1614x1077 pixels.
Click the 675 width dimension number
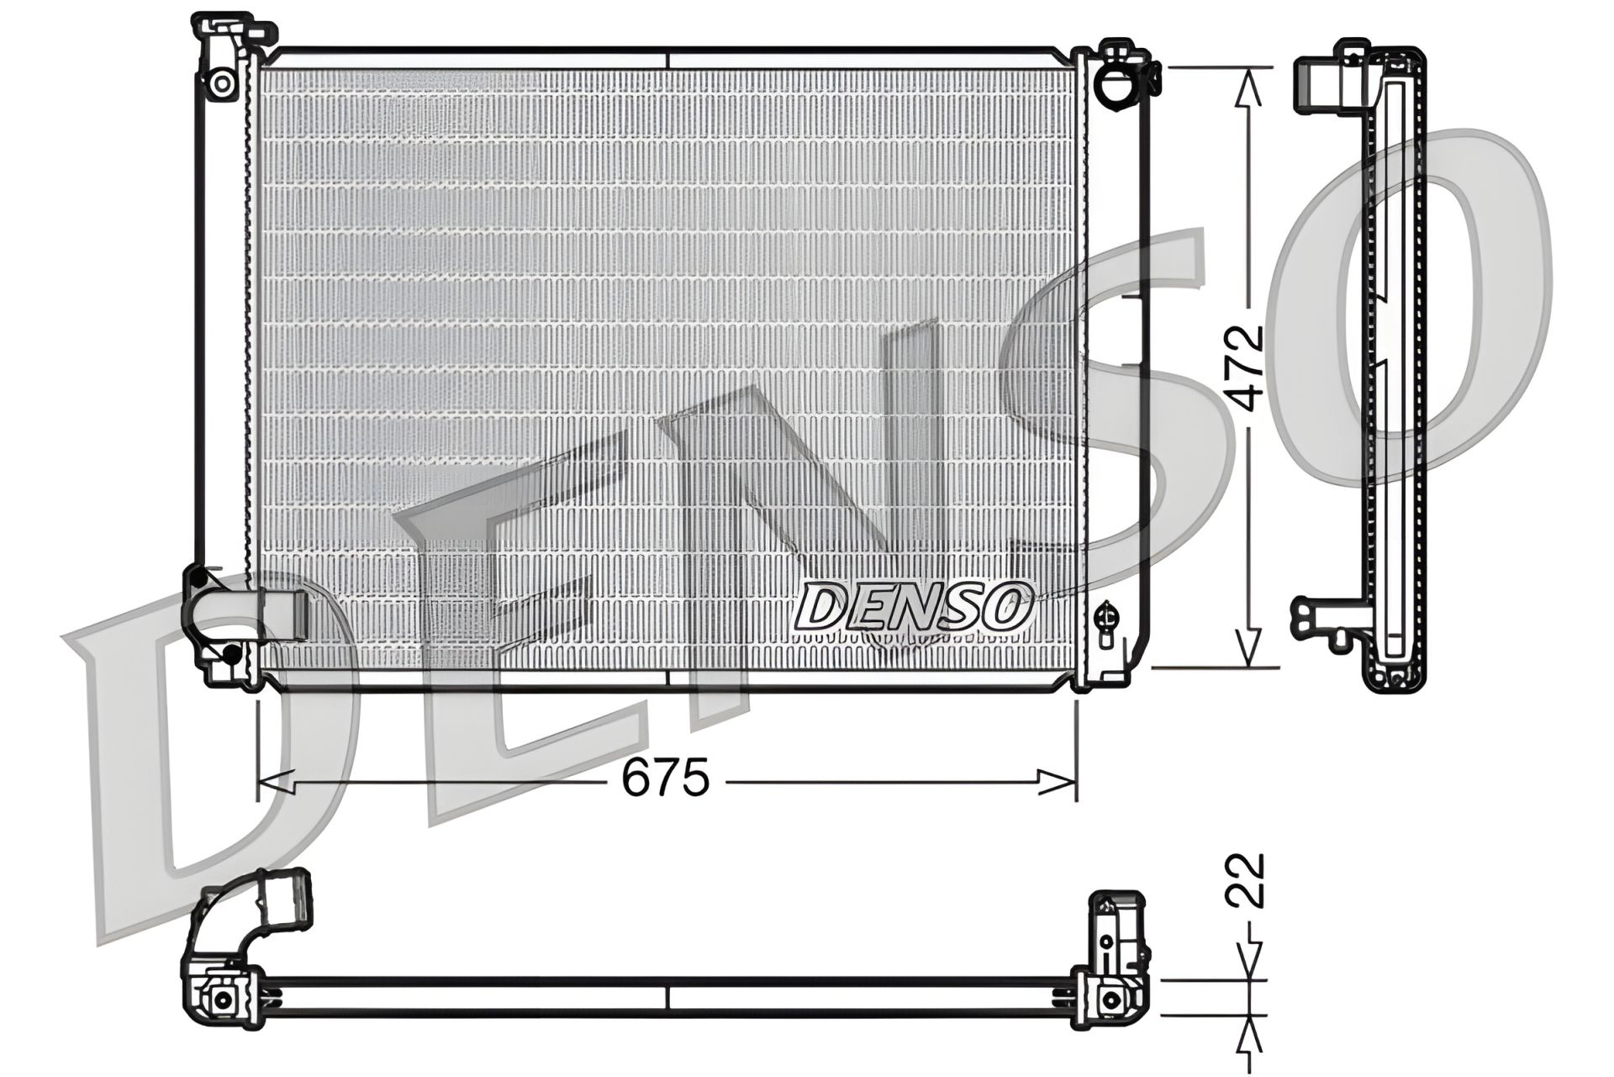pos(665,779)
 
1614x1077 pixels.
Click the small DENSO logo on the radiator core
pos(913,606)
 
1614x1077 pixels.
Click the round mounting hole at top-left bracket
pos(222,82)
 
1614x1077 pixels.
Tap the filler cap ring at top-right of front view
pos(1119,85)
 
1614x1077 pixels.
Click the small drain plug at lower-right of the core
pos(1107,617)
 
